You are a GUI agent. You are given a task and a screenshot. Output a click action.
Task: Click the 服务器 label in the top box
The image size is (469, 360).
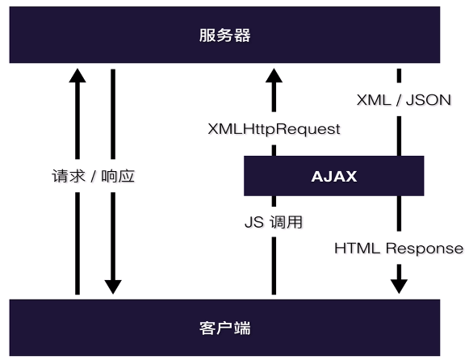224,36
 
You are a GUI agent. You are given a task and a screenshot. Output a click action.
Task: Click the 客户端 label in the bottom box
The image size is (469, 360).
224,329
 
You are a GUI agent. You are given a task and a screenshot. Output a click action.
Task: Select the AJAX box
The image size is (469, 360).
333,176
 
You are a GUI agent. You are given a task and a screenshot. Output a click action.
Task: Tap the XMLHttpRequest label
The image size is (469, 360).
274,128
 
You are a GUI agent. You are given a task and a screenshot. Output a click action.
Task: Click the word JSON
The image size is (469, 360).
427,100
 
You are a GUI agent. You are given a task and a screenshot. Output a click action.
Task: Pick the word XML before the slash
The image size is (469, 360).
374,100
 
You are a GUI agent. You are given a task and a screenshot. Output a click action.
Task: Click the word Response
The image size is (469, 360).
424,249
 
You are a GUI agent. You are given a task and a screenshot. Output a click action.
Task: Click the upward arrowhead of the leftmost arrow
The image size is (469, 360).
77,77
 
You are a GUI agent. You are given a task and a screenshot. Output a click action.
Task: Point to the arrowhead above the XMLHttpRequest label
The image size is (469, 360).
274,77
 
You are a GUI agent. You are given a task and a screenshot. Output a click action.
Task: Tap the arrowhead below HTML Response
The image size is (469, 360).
399,285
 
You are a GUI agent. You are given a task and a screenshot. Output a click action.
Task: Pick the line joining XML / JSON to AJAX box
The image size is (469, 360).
399,133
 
